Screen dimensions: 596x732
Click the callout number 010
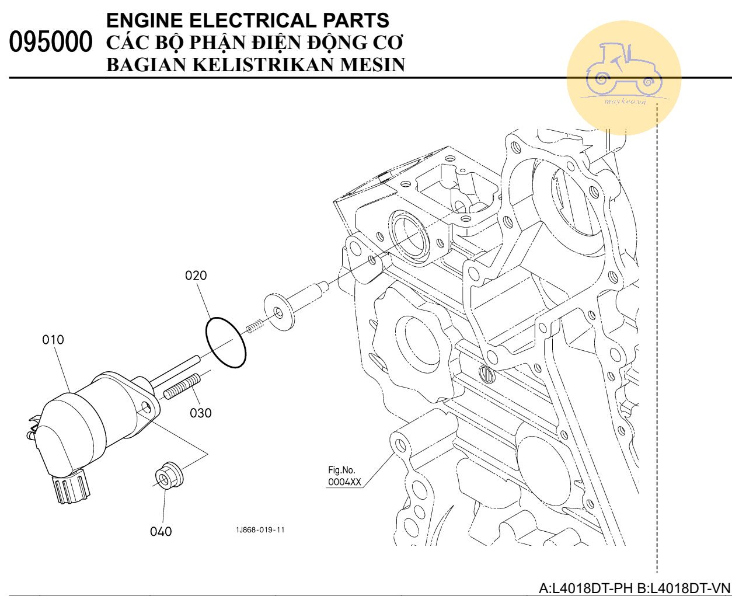click(x=53, y=340)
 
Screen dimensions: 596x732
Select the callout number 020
click(x=196, y=276)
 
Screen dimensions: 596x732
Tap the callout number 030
click(x=200, y=413)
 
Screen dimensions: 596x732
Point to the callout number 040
click(x=161, y=531)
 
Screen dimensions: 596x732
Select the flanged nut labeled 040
click(x=169, y=475)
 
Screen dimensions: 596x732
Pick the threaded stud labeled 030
click(x=182, y=387)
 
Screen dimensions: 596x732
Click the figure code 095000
click(x=51, y=43)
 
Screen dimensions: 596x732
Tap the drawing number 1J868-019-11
click(x=260, y=530)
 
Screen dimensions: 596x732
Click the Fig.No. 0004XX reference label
click(x=344, y=476)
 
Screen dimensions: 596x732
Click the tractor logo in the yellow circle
click(x=623, y=70)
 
